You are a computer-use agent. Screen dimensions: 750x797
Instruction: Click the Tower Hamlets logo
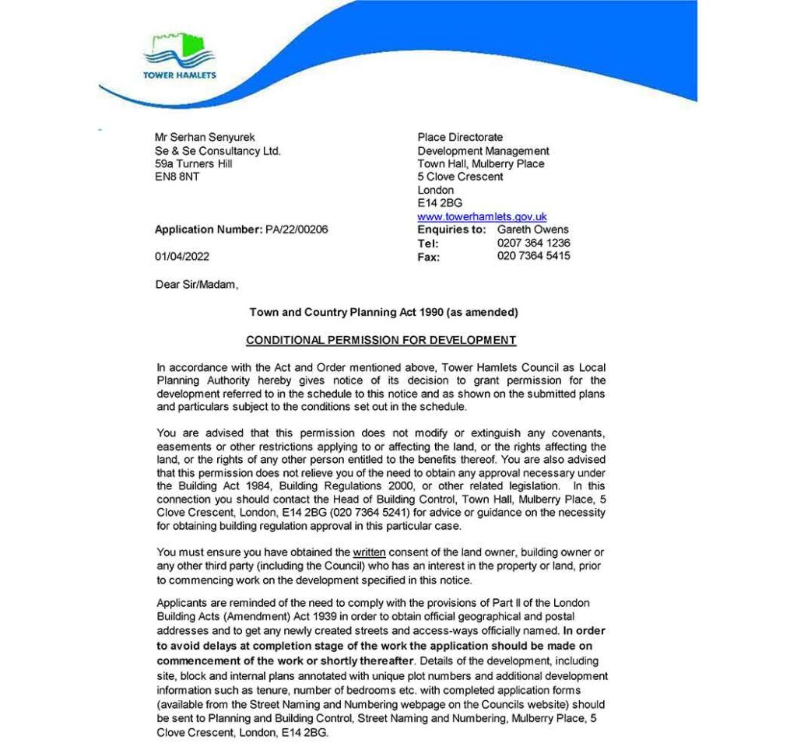[x=179, y=55]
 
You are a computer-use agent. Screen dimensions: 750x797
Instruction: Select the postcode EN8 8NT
[x=177, y=177]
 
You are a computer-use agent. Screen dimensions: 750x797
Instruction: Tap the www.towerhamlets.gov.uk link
[x=482, y=217]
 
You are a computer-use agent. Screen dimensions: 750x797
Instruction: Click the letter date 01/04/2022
[x=182, y=257]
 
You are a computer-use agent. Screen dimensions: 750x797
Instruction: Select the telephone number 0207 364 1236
[x=533, y=244]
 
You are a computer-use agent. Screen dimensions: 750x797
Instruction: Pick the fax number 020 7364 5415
[x=533, y=256]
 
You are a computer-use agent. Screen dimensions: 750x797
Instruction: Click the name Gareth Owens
[x=533, y=230]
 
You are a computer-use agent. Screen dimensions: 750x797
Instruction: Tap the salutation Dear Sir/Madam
[x=197, y=285]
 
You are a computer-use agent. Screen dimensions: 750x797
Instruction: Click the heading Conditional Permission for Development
[x=381, y=340]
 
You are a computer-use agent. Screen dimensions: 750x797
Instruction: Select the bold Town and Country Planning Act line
[x=383, y=313]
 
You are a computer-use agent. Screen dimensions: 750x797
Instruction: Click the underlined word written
[x=370, y=552]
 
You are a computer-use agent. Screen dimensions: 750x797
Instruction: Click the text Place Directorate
[x=460, y=138]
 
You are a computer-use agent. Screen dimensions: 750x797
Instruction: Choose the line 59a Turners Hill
[x=194, y=164]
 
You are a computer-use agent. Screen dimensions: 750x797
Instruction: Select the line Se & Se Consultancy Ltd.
[x=218, y=151]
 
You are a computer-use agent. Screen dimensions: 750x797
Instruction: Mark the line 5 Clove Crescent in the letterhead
[x=460, y=177]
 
